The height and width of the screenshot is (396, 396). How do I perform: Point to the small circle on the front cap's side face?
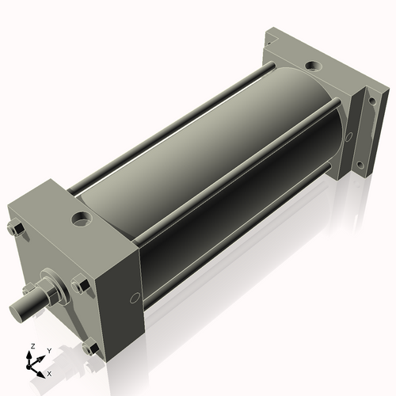[x=132, y=299]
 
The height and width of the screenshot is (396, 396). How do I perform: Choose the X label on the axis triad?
[x=50, y=372]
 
